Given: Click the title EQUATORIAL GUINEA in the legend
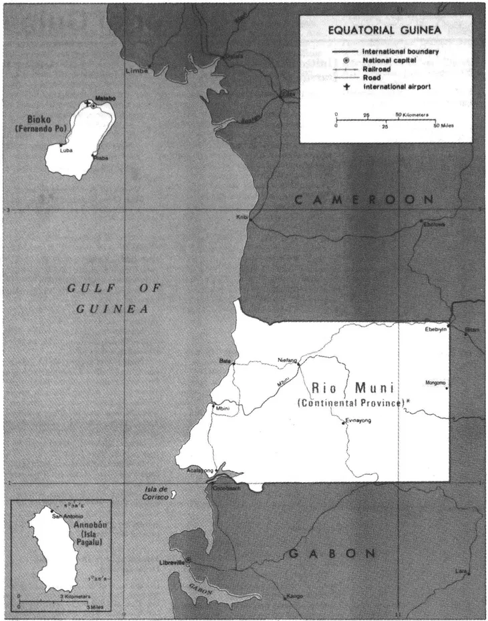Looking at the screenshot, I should click(385, 30).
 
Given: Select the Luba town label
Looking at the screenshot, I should click(66, 151).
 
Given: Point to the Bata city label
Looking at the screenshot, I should click(224, 361).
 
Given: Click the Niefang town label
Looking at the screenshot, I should click(287, 361).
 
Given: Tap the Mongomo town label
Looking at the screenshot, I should click(435, 383).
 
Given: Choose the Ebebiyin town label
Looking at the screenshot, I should click(435, 329).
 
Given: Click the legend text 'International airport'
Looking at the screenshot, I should click(396, 87).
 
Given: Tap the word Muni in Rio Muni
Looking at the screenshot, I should click(374, 388).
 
